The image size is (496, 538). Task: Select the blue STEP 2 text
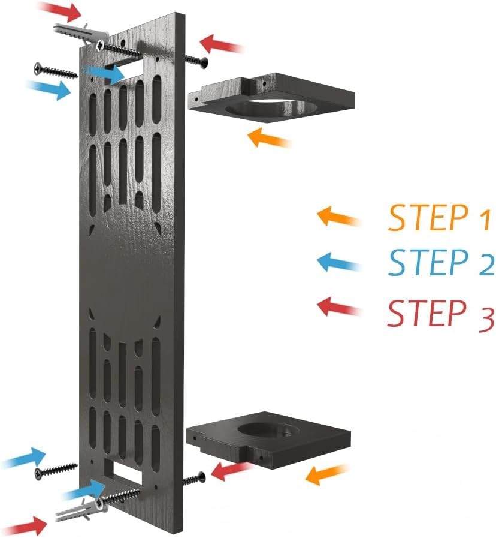coord(441,263)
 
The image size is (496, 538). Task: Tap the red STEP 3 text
coord(440,313)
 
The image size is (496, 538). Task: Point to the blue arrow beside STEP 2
coord(338,263)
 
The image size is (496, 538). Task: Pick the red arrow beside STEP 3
coord(338,306)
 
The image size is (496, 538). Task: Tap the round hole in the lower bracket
coord(270,430)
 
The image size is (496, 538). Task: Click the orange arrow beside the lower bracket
coord(326,475)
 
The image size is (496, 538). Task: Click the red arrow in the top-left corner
coord(61,11)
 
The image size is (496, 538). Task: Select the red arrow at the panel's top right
coord(222,44)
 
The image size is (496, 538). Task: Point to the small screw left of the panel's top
coord(56,71)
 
